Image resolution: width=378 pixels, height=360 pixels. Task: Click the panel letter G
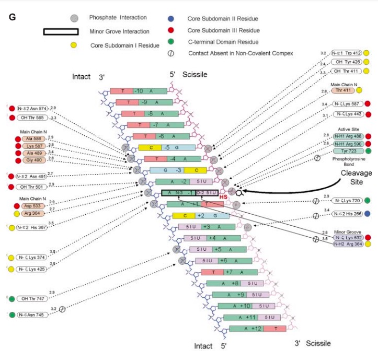pyautogui.click(x=13, y=17)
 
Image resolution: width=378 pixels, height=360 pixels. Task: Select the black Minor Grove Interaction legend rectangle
pyautogui.click(x=60, y=31)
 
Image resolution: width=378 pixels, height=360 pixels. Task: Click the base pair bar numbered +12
pyautogui.click(x=257, y=329)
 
